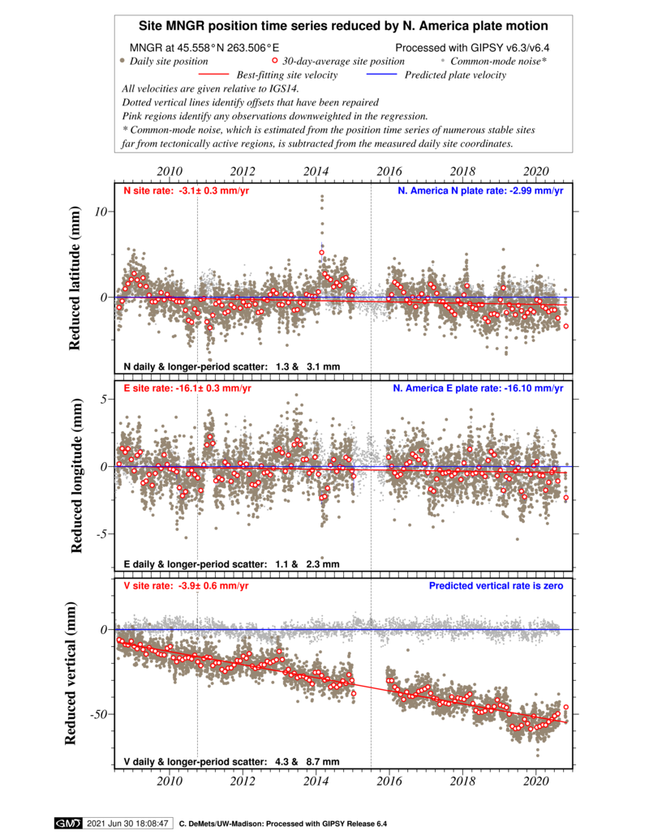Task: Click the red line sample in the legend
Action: point(213,74)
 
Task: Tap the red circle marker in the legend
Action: point(274,60)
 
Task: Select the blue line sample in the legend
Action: point(381,74)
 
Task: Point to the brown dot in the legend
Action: point(122,60)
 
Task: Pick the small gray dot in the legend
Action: point(442,60)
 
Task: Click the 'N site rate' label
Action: point(186,191)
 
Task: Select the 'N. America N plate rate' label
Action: point(480,191)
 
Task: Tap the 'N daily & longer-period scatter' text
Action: point(231,367)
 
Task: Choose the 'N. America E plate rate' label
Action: point(478,388)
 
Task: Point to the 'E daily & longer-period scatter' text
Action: point(231,564)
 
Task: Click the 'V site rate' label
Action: point(186,586)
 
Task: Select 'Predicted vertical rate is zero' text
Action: point(496,586)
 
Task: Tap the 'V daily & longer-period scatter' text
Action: point(231,762)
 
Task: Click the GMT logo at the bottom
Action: point(67,823)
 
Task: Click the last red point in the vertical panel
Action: point(566,707)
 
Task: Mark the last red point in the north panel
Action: point(566,326)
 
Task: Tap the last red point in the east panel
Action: point(566,498)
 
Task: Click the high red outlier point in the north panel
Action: point(321,252)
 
